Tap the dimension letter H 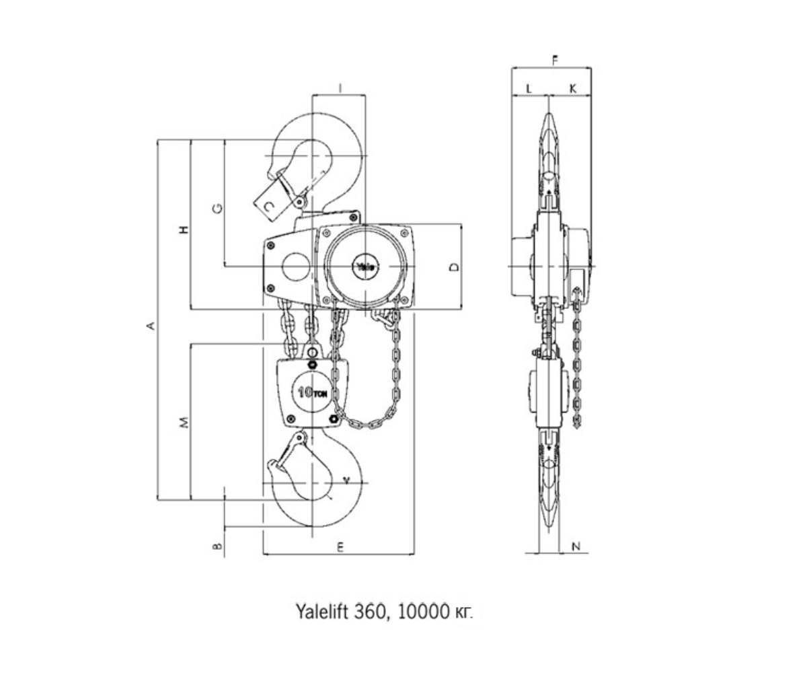pyautogui.click(x=184, y=229)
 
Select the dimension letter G pyautogui.click(x=217, y=209)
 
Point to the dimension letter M pyautogui.click(x=184, y=422)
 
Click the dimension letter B pyautogui.click(x=217, y=546)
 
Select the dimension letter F pyautogui.click(x=555, y=61)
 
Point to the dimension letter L pyautogui.click(x=529, y=88)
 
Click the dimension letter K pyautogui.click(x=572, y=88)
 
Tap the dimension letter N pyautogui.click(x=576, y=546)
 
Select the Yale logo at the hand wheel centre pyautogui.click(x=365, y=267)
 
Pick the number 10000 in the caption pyautogui.click(x=422, y=612)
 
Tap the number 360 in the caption pyautogui.click(x=375, y=612)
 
